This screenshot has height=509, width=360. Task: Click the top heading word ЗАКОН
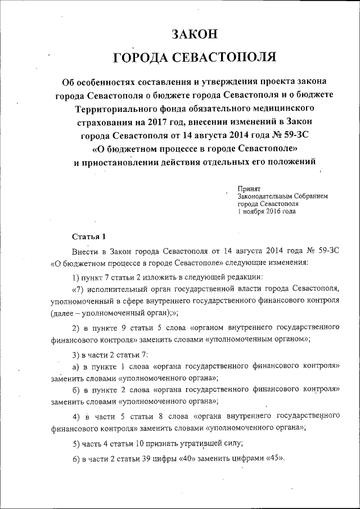194,34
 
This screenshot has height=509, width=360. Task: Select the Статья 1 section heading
89,235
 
